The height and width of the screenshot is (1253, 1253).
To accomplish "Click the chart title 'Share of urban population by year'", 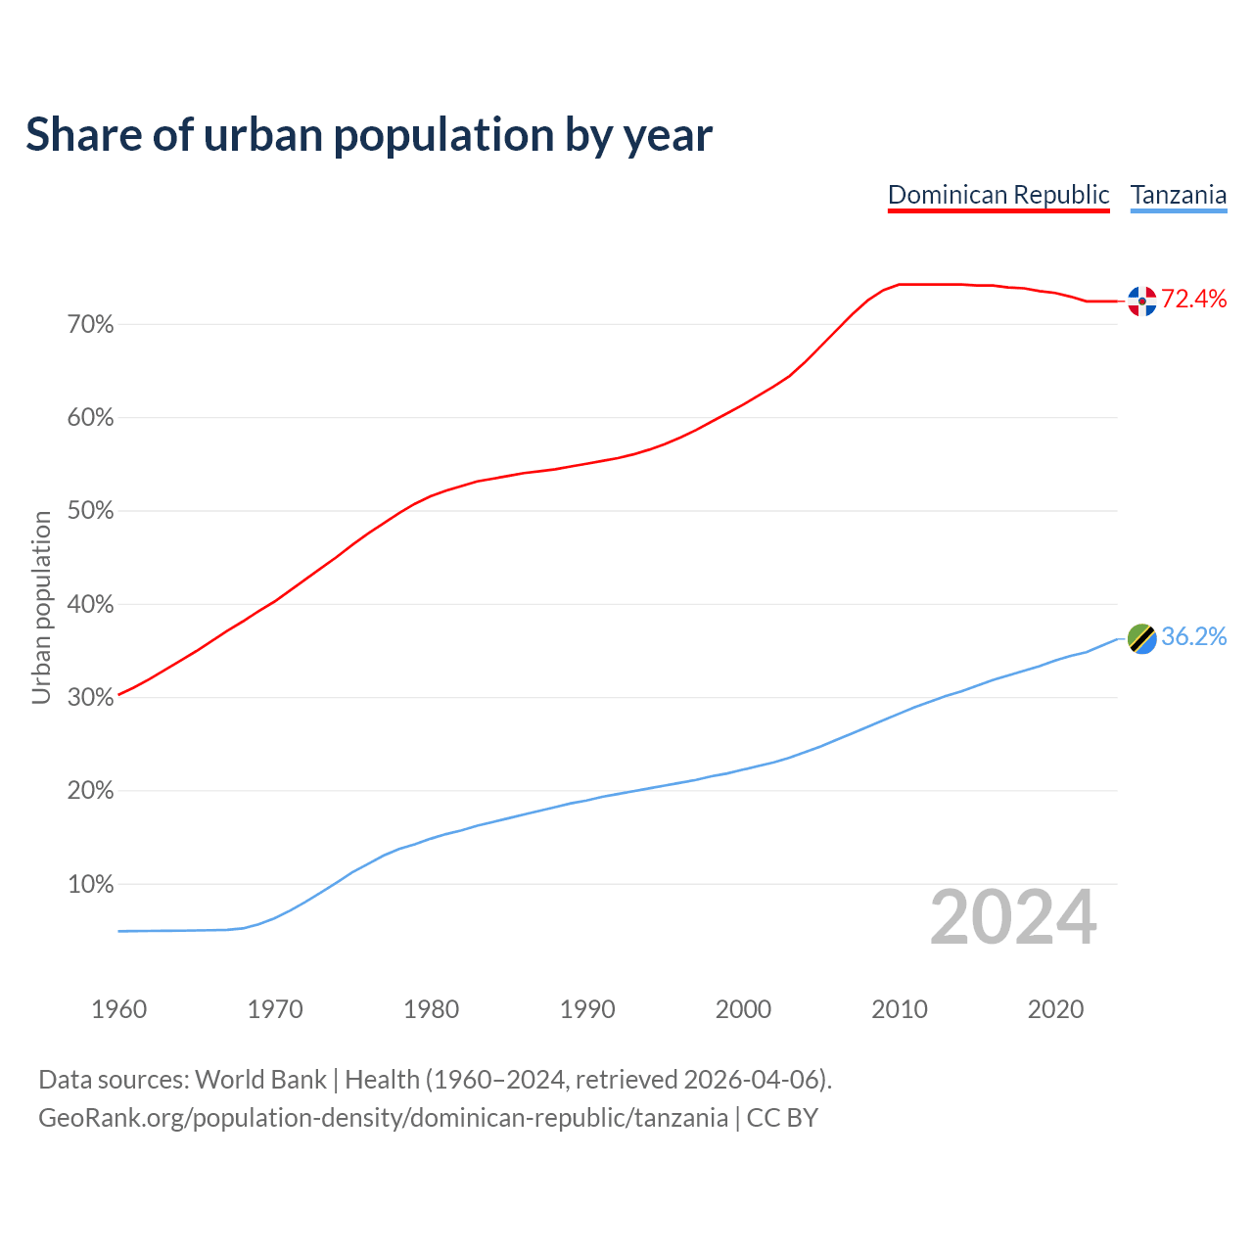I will point(369,135).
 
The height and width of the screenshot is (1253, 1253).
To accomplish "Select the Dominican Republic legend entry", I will point(998,195).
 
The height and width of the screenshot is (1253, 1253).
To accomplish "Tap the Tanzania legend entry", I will point(1179,195).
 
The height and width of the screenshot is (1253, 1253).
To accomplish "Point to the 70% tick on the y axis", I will point(90,325).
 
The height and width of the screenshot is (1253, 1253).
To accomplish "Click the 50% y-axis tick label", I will point(90,511).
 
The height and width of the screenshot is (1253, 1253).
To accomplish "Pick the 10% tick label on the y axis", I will point(90,885).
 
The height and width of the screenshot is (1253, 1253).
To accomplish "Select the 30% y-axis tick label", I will point(90,698).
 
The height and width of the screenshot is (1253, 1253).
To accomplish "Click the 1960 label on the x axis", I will point(118,1009).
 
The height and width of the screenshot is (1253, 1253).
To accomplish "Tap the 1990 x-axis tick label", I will point(587,1009).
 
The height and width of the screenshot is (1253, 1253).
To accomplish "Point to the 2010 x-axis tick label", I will point(900,1009).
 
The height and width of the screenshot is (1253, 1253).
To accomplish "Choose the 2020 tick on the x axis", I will point(1055,1009).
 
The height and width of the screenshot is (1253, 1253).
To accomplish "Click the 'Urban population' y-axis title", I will point(41,607).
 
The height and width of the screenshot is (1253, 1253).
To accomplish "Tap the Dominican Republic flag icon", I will point(1142,301).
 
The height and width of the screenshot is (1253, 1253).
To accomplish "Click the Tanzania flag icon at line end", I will point(1142,638).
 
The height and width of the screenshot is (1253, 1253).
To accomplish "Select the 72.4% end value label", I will point(1194,300).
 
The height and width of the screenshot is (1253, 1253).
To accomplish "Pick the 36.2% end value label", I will point(1194,637).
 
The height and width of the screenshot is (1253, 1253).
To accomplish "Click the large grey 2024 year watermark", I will point(1013,917).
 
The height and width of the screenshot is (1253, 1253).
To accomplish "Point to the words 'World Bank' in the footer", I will point(260,1080).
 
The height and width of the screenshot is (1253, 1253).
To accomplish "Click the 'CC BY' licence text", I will point(782,1118).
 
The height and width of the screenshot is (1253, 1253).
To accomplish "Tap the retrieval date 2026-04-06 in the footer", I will point(751,1080).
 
